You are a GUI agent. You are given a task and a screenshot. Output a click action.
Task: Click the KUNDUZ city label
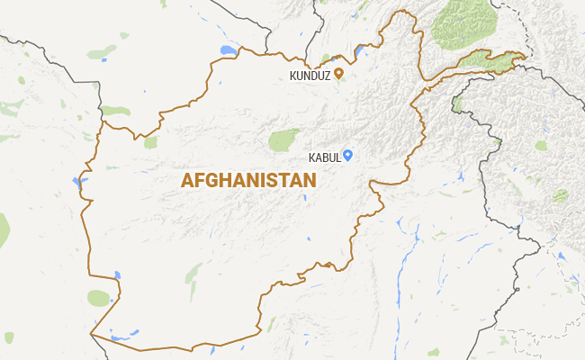point(310,76)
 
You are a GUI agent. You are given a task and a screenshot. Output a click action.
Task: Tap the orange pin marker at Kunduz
point(338,74)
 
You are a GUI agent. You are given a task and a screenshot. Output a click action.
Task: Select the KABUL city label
point(324,157)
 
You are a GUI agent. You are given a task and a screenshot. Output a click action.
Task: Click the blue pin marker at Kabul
point(347,155)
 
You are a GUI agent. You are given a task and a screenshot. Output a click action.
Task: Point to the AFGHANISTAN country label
point(248,180)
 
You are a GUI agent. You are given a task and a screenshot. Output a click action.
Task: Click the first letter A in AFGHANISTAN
point(187,180)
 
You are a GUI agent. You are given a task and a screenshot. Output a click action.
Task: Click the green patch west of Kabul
point(283,139)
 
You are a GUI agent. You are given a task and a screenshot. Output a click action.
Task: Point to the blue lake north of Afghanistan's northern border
point(229,50)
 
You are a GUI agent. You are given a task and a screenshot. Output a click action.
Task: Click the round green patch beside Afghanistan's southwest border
point(98,298)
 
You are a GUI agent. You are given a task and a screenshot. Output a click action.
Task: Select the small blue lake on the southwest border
point(117,274)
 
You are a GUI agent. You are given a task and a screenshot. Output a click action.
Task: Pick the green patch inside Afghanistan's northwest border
point(150,141)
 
